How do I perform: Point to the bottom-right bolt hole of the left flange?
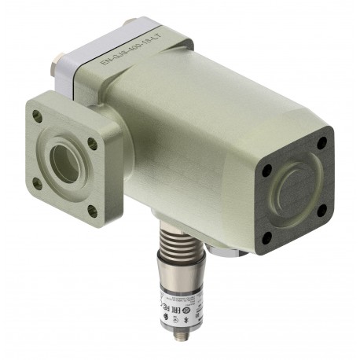[x=92, y=209]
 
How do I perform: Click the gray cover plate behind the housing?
[x=94, y=67]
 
